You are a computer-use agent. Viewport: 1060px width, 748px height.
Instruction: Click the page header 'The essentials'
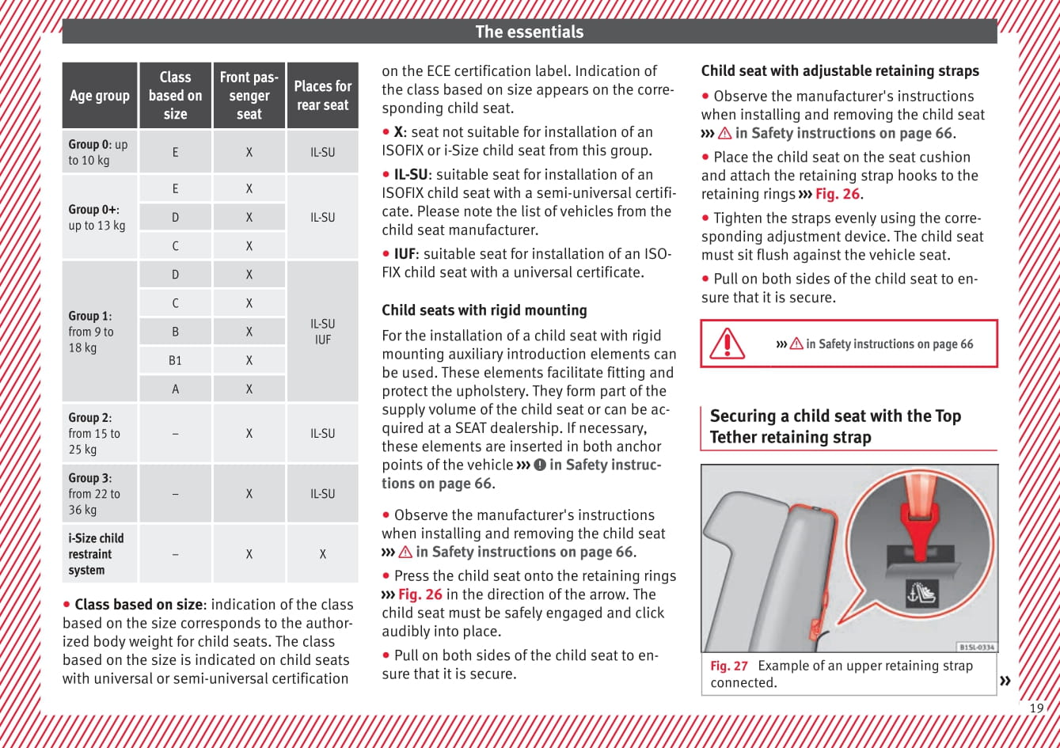point(529,32)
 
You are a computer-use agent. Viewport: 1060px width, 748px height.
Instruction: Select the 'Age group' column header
point(99,96)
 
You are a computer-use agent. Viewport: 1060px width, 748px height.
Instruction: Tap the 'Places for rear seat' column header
point(322,95)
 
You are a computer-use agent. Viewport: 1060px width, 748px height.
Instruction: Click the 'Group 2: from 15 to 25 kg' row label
point(94,433)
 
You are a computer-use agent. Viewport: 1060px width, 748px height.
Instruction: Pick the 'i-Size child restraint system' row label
point(96,553)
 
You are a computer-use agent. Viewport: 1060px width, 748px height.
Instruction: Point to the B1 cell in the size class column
point(175,360)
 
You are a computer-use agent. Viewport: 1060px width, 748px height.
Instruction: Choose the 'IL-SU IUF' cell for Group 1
point(322,332)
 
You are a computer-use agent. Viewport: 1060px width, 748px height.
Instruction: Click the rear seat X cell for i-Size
point(322,554)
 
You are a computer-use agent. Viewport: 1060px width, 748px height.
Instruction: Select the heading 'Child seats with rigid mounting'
point(484,310)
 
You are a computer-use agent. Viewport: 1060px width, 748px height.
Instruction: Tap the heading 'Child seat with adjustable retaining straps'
point(840,71)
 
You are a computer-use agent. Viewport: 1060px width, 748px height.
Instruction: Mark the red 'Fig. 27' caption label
point(728,666)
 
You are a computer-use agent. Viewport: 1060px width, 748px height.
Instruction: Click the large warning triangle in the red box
point(726,344)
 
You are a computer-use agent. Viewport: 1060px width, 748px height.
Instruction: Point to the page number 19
point(1036,708)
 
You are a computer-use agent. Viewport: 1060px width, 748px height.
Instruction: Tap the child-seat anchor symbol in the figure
point(921,593)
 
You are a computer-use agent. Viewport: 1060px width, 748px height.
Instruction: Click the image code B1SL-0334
point(976,647)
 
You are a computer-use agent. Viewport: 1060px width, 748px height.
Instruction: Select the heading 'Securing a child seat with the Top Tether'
point(834,427)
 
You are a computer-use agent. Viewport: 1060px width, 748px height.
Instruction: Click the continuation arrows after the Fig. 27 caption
point(1005,681)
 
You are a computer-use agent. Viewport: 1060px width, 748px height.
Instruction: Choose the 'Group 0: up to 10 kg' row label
point(98,152)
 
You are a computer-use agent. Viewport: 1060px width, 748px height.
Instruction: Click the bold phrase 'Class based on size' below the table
point(138,605)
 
